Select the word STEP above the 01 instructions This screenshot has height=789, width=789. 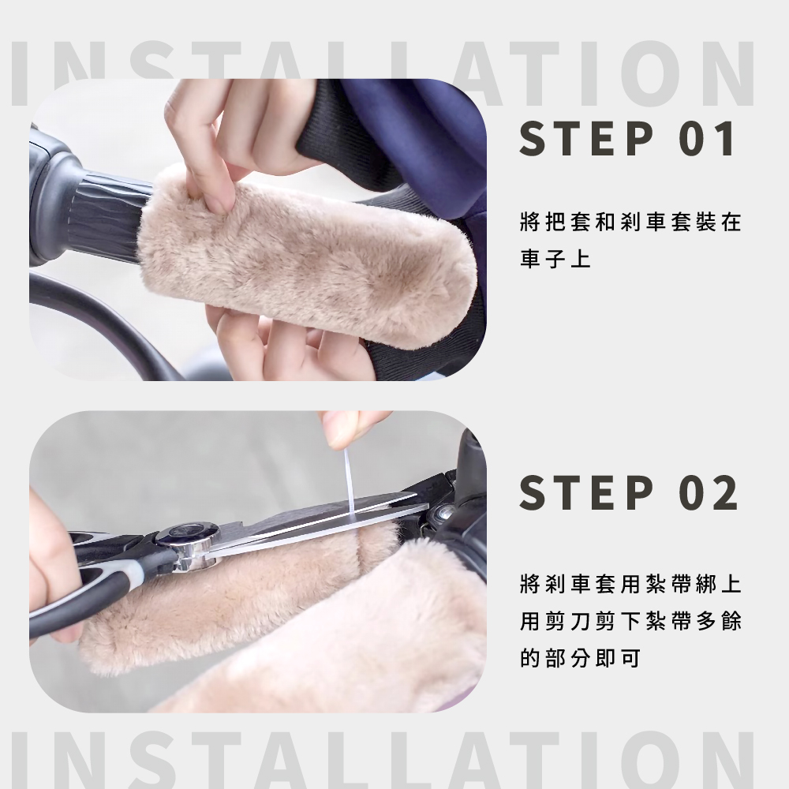tap(586, 138)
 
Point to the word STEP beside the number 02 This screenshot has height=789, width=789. tap(586, 492)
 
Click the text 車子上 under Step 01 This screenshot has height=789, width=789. tap(555, 259)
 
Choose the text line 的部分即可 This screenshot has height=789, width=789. tap(580, 658)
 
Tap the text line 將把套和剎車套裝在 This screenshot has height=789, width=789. tap(631, 222)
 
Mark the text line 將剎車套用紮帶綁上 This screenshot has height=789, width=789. tap(631, 584)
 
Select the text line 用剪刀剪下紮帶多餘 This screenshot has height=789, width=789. tap(631, 621)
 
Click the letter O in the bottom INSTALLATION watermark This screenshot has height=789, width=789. tap(654, 761)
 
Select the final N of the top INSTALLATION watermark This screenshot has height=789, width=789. tap(726, 73)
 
